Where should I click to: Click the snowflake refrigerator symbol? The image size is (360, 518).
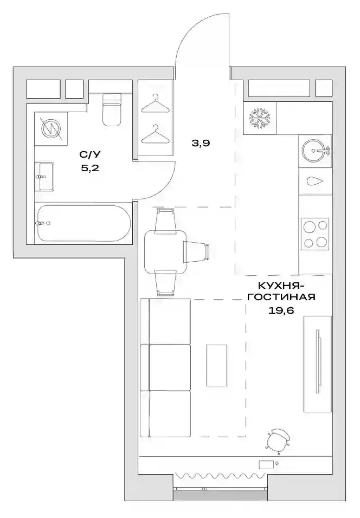click(260, 118)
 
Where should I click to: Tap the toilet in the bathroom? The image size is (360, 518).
click(111, 109)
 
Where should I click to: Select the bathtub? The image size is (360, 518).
click(84, 223)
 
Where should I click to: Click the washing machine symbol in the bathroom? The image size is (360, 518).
click(52, 128)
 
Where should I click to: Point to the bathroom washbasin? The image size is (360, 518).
click(44, 176)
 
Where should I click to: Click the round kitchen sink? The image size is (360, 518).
click(316, 151)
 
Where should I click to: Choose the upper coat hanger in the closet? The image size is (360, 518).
click(155, 103)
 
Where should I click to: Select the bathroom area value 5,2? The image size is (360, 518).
click(90, 168)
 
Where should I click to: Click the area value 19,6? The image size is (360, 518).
click(281, 310)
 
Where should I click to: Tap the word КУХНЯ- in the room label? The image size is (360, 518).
click(278, 285)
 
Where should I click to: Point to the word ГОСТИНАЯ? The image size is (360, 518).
click(281, 297)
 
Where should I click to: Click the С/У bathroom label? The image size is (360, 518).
click(89, 154)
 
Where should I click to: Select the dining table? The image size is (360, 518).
click(165, 252)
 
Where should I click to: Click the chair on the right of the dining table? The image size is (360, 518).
click(197, 252)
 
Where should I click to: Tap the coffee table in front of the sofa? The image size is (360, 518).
click(216, 365)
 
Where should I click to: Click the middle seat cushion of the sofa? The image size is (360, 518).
click(170, 368)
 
